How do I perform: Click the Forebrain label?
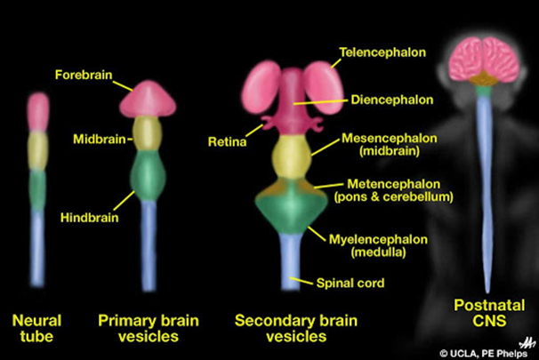tap(84, 75)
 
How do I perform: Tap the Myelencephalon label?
tap(390, 240)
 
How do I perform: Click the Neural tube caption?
tap(36, 326)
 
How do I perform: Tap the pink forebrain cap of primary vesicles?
tap(147, 96)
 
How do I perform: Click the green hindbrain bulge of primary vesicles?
tap(148, 175)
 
